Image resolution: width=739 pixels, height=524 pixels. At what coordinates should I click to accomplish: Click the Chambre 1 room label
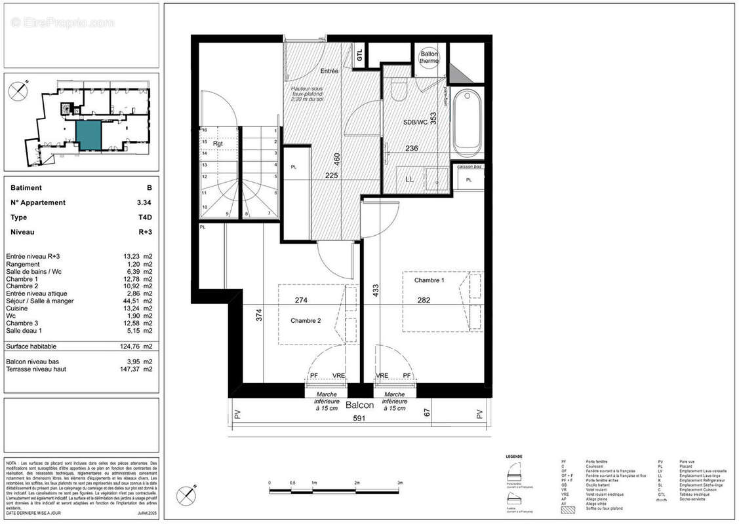(x=429, y=280)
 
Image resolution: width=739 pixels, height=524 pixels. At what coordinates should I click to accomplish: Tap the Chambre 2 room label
(x=306, y=320)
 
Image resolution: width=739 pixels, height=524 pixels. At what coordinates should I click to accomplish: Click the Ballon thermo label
(x=429, y=57)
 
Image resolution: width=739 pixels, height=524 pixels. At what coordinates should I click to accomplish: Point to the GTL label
(x=359, y=56)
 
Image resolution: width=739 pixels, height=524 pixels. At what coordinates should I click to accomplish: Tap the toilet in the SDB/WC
(x=398, y=90)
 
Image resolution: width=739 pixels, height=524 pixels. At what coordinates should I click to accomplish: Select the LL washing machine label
(x=410, y=179)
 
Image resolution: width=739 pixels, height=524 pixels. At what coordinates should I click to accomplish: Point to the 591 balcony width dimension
(x=359, y=418)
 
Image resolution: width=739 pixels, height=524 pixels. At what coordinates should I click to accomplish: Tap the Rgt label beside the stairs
(x=218, y=143)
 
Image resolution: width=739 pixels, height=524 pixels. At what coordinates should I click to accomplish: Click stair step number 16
(x=205, y=130)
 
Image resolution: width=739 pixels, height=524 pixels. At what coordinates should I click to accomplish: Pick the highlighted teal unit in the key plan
(x=89, y=135)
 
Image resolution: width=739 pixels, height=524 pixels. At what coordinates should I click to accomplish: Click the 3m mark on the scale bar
(x=400, y=483)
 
